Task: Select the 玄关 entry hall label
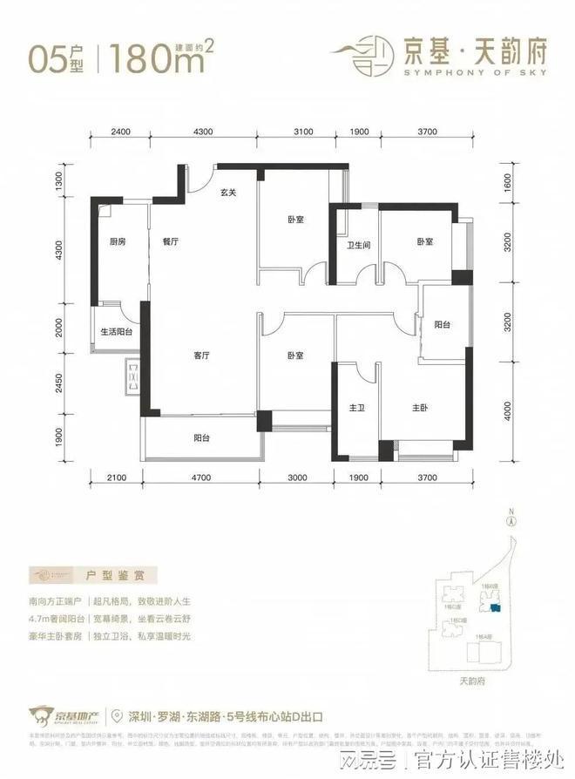(x=228, y=193)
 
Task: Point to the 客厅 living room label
(x=204, y=355)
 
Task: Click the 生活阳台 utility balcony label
(x=115, y=332)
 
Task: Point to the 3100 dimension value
(x=302, y=132)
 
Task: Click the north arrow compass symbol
(x=513, y=520)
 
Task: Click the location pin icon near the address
(x=117, y=716)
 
